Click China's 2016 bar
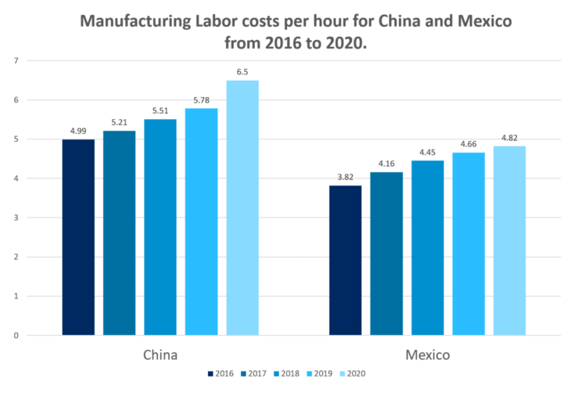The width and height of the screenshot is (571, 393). (78, 237)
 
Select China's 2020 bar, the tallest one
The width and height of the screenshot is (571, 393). (242, 207)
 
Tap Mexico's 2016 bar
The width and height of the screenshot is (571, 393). (345, 260)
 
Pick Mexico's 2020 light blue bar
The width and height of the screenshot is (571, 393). (509, 240)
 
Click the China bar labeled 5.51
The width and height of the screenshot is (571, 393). (160, 227)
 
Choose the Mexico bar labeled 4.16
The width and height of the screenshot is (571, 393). (386, 254)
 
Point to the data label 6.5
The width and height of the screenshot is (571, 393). (242, 72)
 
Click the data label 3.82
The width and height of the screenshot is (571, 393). (345, 178)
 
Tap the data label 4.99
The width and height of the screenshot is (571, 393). (78, 132)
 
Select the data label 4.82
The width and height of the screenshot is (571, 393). (509, 139)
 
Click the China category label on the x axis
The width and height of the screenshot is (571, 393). (160, 355)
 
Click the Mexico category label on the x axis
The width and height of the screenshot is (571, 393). (427, 355)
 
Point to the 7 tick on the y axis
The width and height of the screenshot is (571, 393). (18, 60)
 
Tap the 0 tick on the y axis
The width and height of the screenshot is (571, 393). (18, 336)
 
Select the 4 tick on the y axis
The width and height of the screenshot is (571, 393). (18, 178)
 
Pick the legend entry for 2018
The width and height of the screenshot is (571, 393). (286, 374)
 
